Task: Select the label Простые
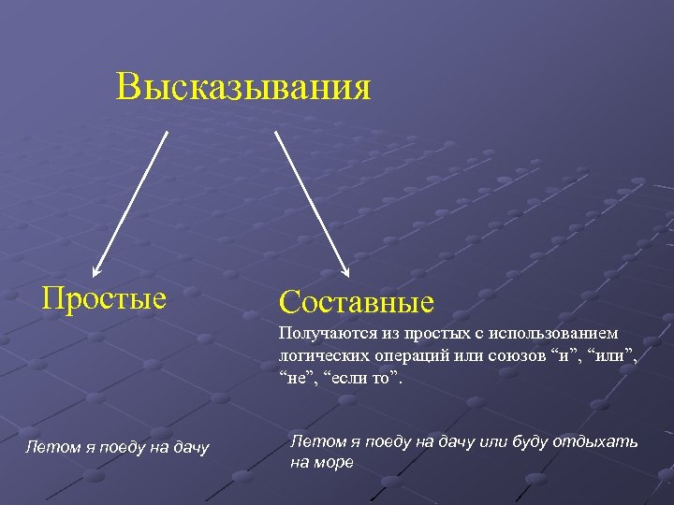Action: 105,298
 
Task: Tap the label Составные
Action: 356,302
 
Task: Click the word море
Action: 334,462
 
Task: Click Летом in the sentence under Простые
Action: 47,450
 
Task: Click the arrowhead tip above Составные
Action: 347,277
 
